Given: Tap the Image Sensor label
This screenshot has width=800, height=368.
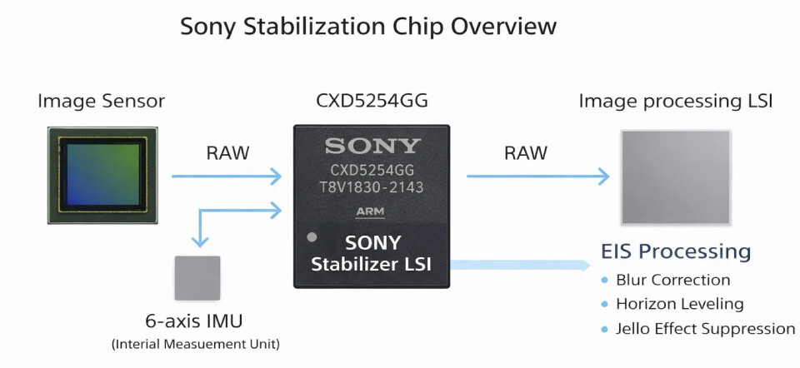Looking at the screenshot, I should (101, 102).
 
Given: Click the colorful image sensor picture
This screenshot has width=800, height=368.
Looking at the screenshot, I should (102, 175).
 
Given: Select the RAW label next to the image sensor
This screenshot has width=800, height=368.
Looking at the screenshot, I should (227, 153).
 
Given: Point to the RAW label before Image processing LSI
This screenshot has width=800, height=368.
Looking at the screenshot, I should (526, 153).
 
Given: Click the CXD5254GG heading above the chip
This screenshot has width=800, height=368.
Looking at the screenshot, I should (372, 102).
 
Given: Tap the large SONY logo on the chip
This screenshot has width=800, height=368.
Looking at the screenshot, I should (372, 147).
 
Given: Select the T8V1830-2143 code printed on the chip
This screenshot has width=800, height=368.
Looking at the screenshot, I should (372, 187).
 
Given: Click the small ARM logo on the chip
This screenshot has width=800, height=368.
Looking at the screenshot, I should (372, 211).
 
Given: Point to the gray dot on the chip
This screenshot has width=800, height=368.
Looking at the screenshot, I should (312, 237).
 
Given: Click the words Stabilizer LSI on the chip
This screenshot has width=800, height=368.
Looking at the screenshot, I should (372, 266).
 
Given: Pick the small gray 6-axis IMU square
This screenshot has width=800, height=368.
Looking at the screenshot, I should (197, 277).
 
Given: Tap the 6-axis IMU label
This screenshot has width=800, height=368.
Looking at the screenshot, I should (197, 322).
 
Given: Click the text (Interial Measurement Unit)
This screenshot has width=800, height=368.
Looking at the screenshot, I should (197, 344).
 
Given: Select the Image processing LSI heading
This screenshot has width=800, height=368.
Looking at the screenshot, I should (675, 102).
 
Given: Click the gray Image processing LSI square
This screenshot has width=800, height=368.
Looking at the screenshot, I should (676, 176).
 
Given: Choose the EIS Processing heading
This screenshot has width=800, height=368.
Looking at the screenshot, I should (676, 251).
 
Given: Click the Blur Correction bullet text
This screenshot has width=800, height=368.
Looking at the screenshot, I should (672, 280).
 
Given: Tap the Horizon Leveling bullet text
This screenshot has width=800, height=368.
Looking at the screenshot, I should (679, 304).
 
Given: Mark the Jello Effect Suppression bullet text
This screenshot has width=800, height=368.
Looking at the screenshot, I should (705, 328).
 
